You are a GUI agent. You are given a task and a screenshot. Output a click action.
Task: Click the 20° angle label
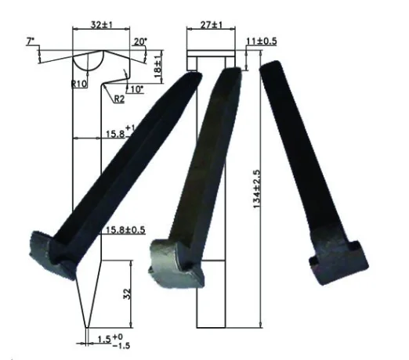tap(139, 41)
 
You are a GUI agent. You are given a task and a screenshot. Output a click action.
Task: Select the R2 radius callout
tap(118, 99)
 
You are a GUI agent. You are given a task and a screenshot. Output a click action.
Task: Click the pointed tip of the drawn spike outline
tap(88, 328)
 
